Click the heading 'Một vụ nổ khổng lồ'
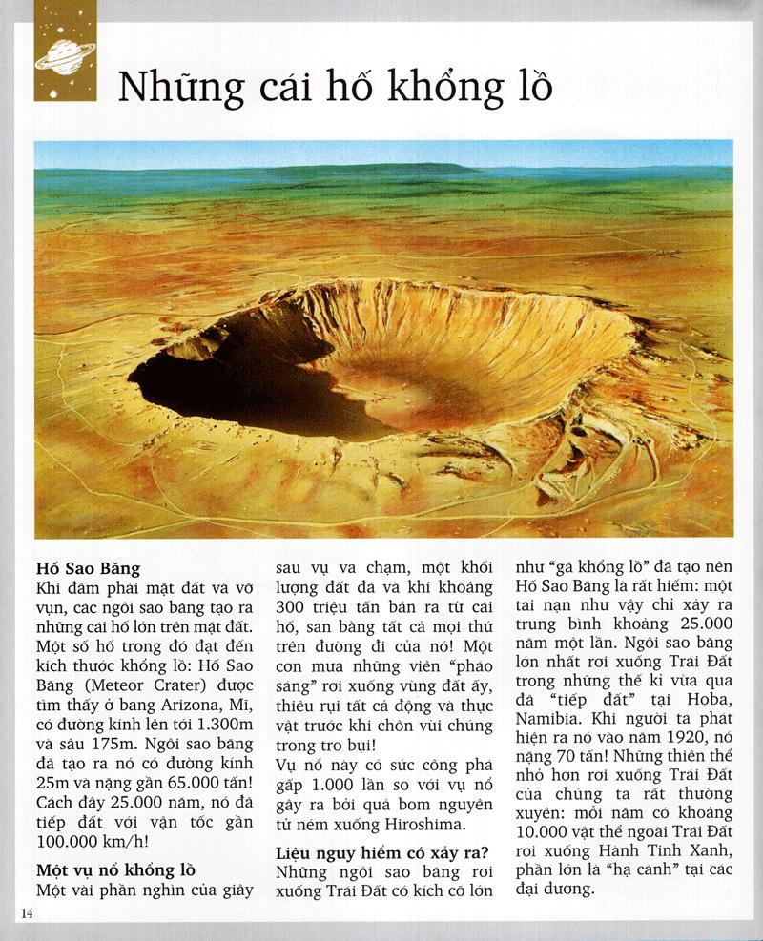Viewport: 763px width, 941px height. [115, 870]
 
